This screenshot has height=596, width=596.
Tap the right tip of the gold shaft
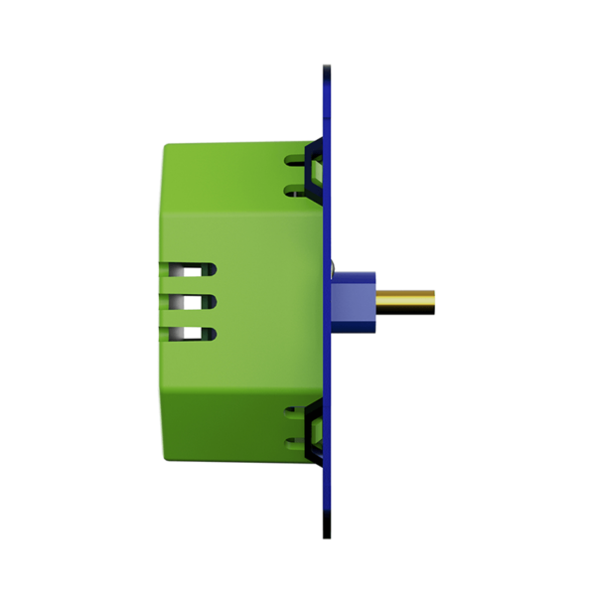click(433, 298)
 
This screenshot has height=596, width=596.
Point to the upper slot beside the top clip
click(295, 157)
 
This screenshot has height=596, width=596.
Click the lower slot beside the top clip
click(295, 189)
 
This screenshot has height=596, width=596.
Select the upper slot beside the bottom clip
click(295, 408)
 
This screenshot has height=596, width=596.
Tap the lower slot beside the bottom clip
click(295, 440)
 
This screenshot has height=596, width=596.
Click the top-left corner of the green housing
click(167, 146)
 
